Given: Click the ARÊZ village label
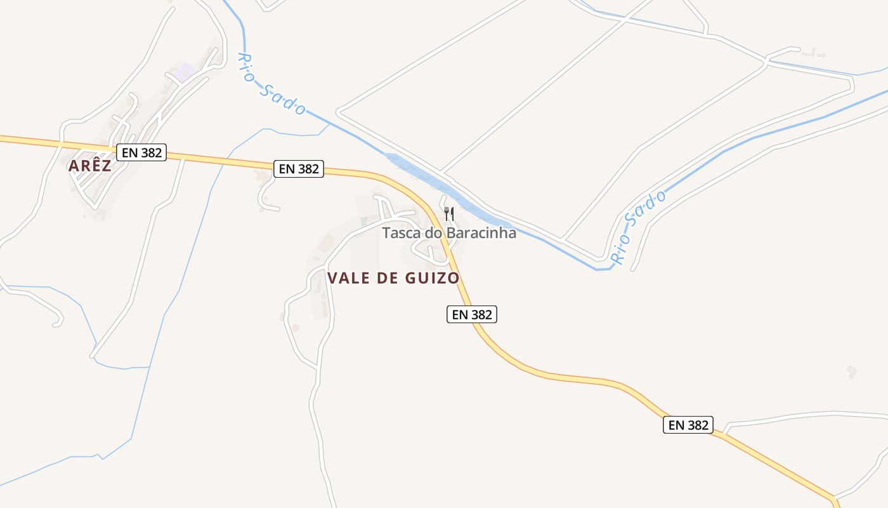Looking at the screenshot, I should point(89,166).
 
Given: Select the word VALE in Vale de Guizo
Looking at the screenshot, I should point(349,278).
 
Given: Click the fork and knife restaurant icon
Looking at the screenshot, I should point(449,213).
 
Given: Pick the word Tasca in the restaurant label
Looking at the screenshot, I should point(402,233).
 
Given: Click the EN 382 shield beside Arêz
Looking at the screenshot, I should point(141,152).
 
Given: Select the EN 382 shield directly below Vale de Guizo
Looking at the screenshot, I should point(471,314).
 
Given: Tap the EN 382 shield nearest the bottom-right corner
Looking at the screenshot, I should point(688,425).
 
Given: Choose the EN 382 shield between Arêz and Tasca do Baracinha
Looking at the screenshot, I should point(299,169).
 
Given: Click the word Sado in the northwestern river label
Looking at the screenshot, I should point(283,99).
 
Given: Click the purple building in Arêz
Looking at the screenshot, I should point(185,71).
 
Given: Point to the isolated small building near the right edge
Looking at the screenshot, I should point(852,371).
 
